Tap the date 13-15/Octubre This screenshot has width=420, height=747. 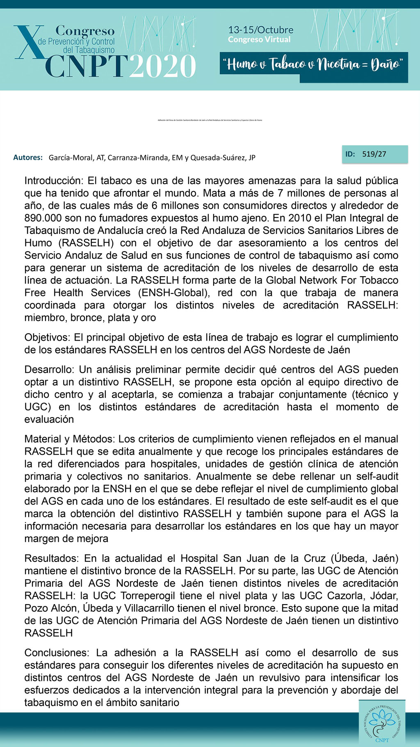click(x=260, y=30)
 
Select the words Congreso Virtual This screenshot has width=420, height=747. click(x=259, y=40)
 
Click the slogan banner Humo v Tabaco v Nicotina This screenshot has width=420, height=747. click(x=313, y=64)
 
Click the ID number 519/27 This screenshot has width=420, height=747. click(x=374, y=154)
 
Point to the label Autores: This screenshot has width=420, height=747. click(x=28, y=158)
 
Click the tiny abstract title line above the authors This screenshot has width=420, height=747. click(x=210, y=120)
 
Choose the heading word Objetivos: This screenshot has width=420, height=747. click(x=48, y=337)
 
